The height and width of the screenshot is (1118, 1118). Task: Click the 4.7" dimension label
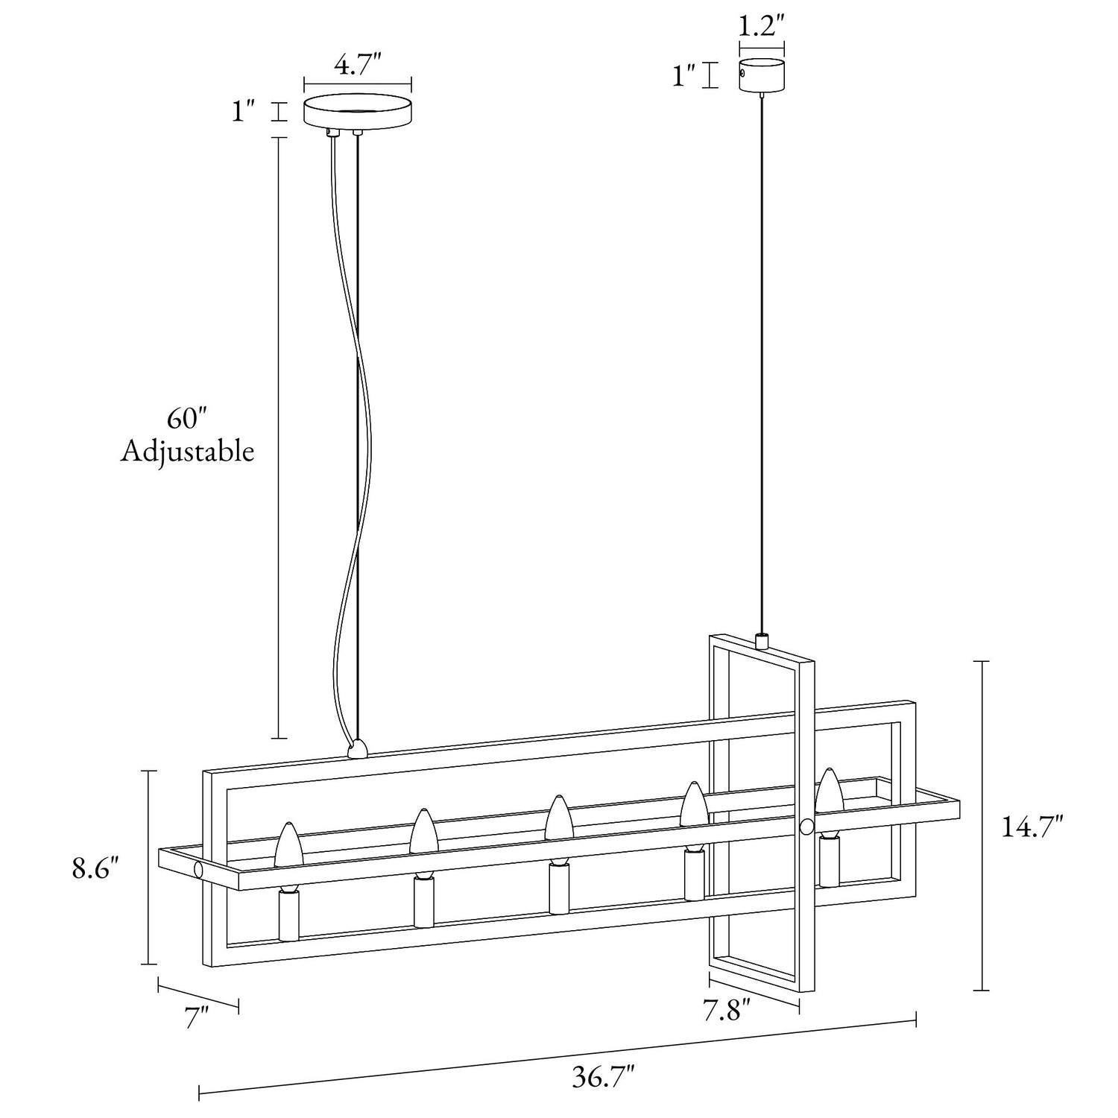[357, 66]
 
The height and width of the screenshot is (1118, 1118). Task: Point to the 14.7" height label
[1031, 827]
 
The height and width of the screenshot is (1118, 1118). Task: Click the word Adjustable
[187, 452]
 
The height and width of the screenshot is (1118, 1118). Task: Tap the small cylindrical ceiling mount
[761, 76]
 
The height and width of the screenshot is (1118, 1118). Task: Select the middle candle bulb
[558, 818]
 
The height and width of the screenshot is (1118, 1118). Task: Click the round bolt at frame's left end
[198, 870]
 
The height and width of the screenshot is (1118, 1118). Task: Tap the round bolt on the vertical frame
[806, 827]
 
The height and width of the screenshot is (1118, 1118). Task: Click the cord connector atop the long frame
[359, 749]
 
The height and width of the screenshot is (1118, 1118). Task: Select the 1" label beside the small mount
[683, 75]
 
